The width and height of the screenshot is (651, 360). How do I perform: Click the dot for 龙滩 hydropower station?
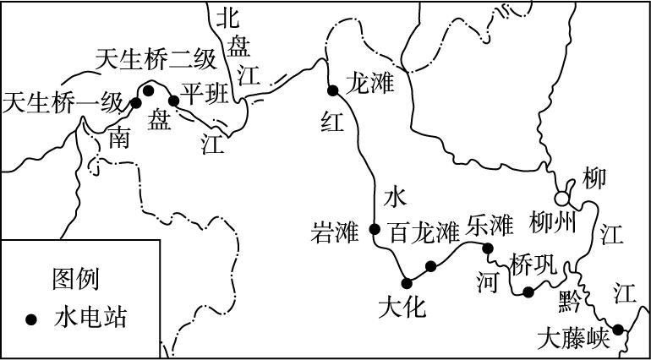click(x=333, y=91)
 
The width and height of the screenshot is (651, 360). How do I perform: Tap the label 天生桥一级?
click(x=63, y=103)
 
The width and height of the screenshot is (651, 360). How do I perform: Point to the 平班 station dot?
click(x=173, y=101)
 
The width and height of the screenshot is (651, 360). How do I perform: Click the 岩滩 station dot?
click(x=375, y=228)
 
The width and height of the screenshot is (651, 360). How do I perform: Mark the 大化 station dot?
click(x=407, y=282)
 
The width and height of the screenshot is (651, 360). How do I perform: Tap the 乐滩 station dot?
click(x=488, y=248)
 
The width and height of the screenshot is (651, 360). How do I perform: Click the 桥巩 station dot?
click(x=528, y=292)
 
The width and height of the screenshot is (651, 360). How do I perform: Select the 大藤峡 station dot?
click(x=618, y=330)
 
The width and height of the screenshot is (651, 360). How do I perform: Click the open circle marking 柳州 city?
click(x=561, y=199)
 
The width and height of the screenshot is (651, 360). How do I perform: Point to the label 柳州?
click(x=553, y=224)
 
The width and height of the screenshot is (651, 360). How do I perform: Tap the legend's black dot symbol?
click(x=31, y=319)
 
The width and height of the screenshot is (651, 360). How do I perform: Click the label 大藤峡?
click(x=573, y=340)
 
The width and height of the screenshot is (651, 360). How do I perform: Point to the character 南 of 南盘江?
click(x=120, y=139)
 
